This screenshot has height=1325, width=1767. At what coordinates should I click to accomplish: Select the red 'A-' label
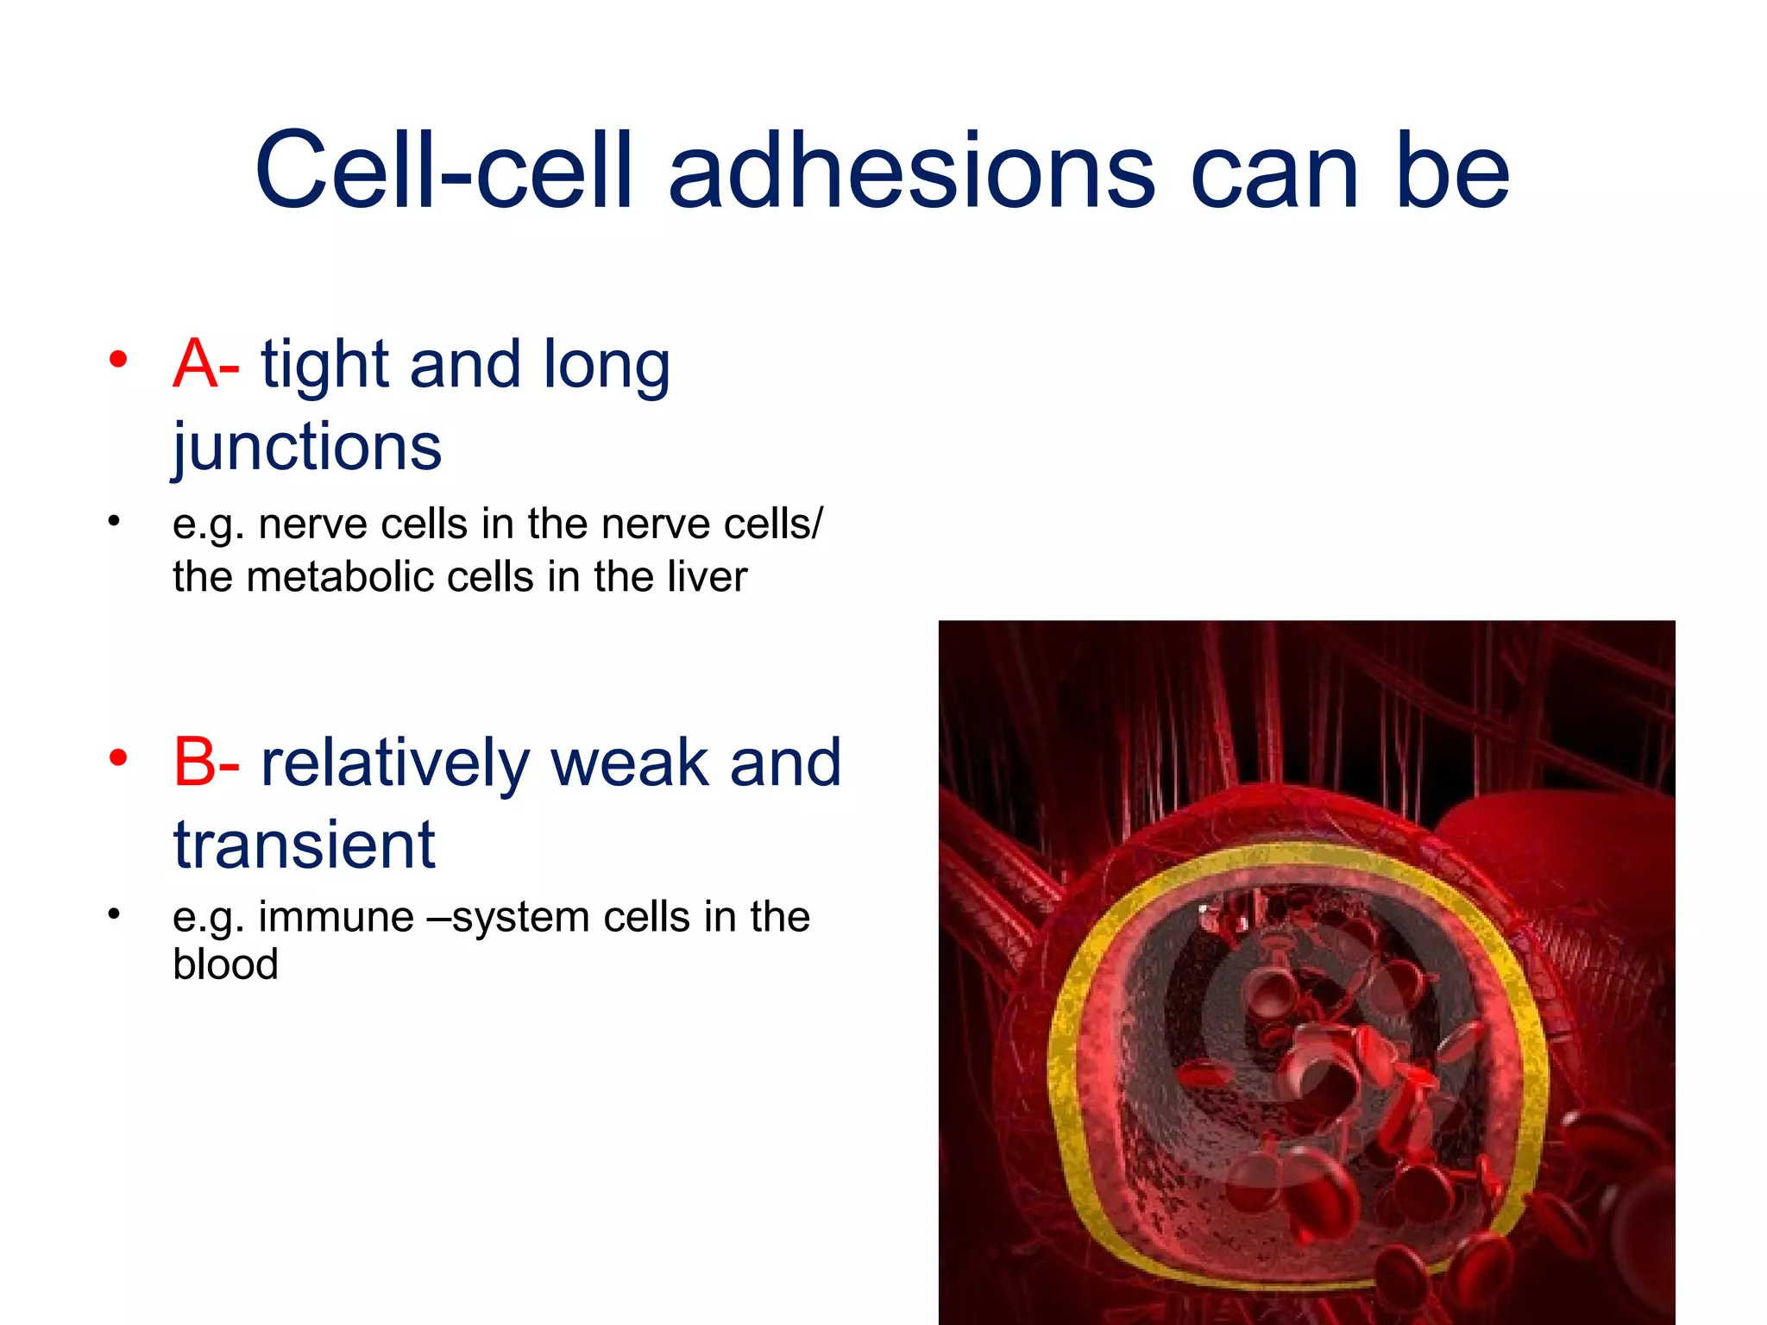[205, 364]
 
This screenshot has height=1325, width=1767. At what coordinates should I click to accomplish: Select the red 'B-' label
[205, 763]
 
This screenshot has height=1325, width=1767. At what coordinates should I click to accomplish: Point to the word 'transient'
[304, 845]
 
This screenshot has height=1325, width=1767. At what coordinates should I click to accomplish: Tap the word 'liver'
[713, 576]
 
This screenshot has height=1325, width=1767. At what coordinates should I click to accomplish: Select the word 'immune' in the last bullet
[336, 917]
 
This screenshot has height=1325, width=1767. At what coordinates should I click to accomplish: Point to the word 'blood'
[225, 964]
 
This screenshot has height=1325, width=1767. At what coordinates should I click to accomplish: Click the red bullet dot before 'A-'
[118, 359]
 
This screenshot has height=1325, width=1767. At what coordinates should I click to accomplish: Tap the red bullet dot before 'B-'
[118, 758]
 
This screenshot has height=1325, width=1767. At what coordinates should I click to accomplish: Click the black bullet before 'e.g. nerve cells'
[113, 520]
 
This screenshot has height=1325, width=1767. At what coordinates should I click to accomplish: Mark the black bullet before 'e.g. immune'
[113, 913]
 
